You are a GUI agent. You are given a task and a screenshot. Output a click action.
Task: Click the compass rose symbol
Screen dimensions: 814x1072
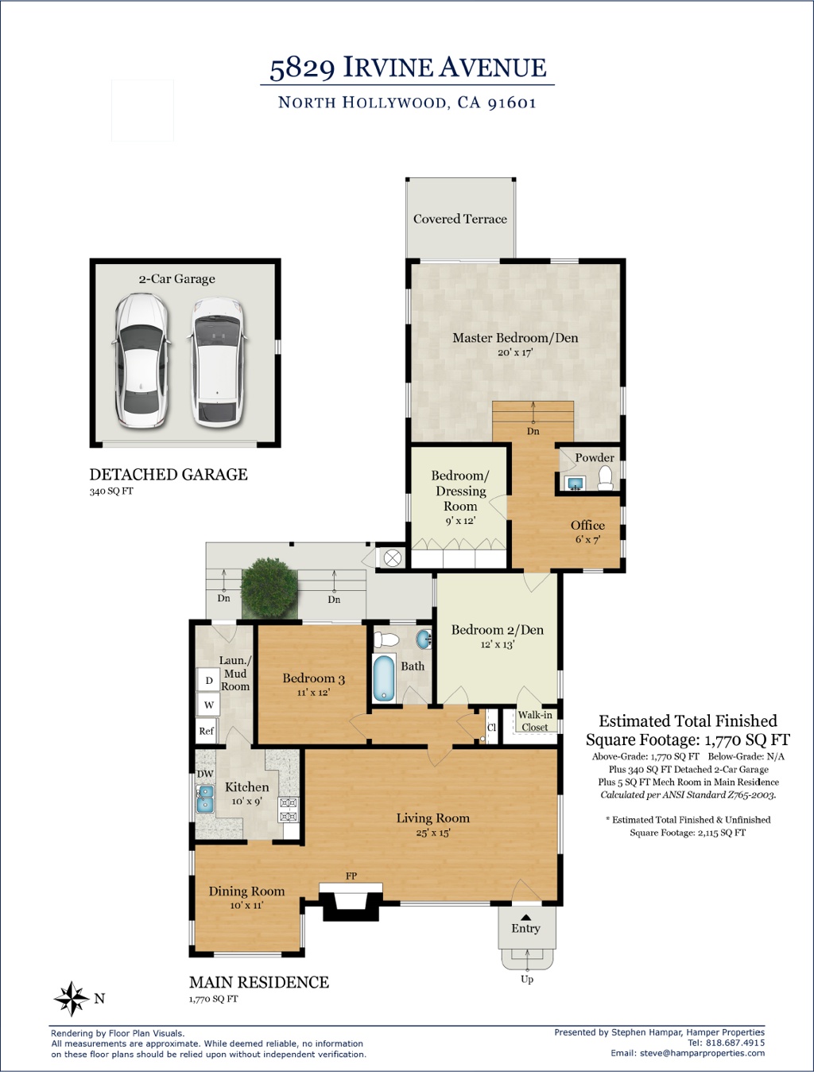pos(72,998)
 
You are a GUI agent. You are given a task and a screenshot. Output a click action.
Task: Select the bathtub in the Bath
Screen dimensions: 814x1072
pos(384,678)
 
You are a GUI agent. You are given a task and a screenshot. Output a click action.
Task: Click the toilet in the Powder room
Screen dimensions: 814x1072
pos(605,478)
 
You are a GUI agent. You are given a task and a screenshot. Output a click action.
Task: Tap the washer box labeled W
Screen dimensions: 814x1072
pos(209,705)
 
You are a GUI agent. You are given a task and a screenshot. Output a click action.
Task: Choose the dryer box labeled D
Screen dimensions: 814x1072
pos(209,680)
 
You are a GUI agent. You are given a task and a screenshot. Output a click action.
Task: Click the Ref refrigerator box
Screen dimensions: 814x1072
pos(207,731)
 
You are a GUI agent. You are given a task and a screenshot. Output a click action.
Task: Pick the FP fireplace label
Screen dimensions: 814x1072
pos(351,876)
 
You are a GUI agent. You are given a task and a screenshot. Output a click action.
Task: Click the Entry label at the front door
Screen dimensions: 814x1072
pos(525,928)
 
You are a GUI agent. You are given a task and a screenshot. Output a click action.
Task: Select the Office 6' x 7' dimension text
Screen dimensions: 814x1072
pos(587,540)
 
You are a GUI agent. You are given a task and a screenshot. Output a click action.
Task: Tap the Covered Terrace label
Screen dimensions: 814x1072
pos(460,219)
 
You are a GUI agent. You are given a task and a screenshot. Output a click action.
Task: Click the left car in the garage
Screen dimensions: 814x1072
pos(141,360)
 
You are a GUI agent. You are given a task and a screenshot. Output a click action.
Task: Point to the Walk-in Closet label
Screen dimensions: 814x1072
pos(535,720)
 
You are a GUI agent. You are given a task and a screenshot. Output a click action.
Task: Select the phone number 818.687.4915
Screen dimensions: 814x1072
pos(734,1043)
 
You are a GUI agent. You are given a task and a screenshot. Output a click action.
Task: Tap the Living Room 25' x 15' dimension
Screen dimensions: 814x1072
pos(433,833)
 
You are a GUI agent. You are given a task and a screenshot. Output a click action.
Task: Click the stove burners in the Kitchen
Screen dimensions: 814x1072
pos(289,810)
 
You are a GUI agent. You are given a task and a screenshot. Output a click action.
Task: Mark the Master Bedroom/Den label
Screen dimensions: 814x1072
pos(515,337)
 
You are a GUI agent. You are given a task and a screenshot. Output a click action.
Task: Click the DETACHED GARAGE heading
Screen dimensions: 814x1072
pos(169,474)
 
